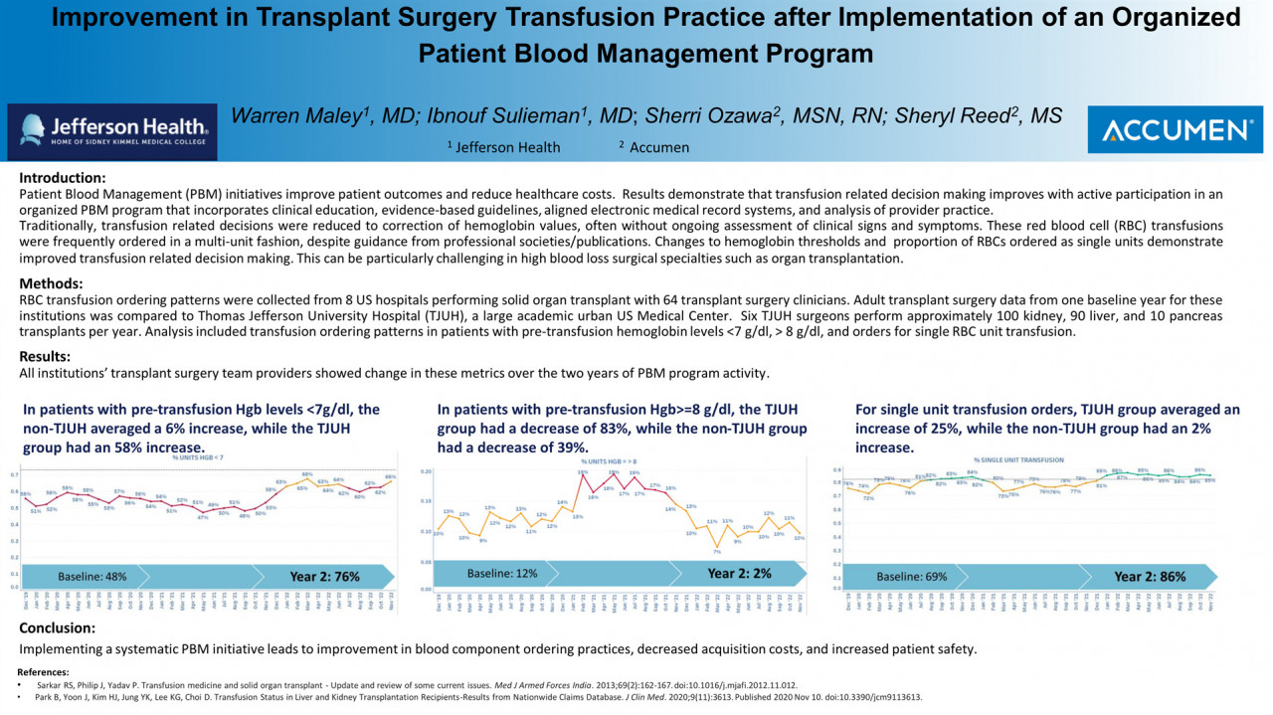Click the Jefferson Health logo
click(111, 131)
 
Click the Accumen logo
click(1175, 129)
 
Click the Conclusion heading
click(58, 628)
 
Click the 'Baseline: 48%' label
click(92, 577)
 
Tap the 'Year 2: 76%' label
click(324, 577)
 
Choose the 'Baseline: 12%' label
click(501, 574)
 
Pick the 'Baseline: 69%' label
click(911, 577)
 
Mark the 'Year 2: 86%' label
click(1150, 577)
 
